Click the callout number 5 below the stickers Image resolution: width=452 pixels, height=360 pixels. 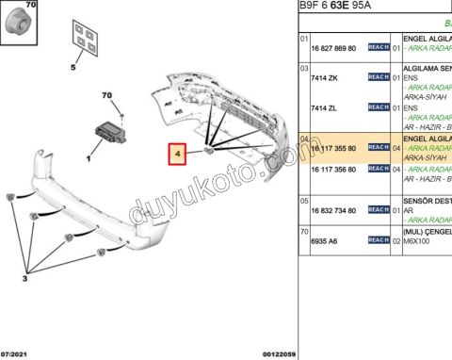[72, 68]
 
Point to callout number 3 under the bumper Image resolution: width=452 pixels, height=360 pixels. [25, 279]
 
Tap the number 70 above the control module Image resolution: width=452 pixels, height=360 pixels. [106, 95]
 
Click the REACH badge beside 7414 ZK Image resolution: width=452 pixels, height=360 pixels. [378, 76]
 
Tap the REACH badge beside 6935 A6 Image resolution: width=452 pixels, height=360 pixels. [378, 241]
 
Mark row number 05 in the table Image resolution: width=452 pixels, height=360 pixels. [304, 200]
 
